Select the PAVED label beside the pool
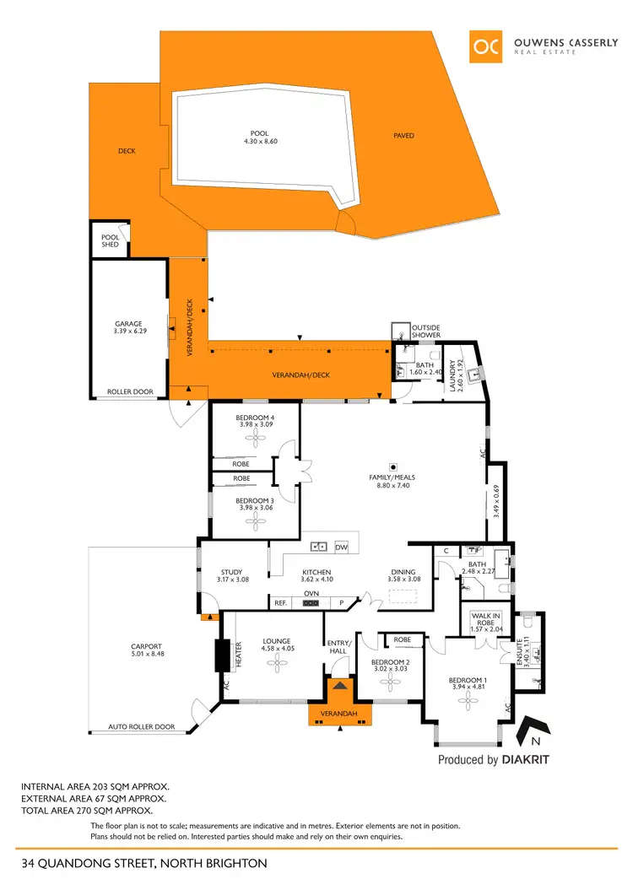click(x=404, y=135)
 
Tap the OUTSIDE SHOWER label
click(x=425, y=331)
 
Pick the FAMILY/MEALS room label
click(x=393, y=477)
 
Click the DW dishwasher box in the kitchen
click(x=341, y=547)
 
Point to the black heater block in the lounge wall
click(x=223, y=654)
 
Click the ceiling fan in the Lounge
click(x=276, y=664)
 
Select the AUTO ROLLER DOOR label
click(x=143, y=726)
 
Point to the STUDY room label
click(x=231, y=572)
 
